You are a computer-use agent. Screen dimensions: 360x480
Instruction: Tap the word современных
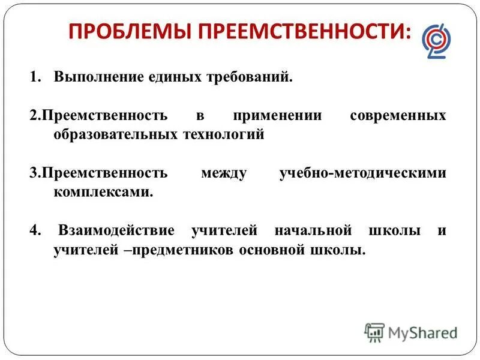coord(398,115)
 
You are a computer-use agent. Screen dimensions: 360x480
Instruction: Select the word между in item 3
coord(223,173)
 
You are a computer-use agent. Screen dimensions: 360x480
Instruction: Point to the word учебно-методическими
coord(363,173)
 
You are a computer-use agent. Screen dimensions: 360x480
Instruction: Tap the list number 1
coord(35,77)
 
